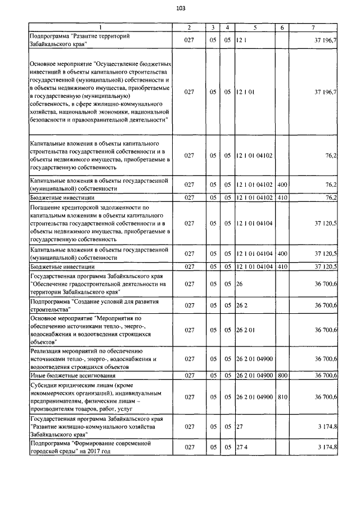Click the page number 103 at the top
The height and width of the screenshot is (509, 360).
[180, 8]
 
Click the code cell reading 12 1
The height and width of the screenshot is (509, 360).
[241, 40]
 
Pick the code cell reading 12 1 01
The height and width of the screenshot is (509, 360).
[246, 92]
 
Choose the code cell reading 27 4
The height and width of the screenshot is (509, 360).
[242, 447]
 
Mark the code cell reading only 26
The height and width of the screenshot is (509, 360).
[239, 285]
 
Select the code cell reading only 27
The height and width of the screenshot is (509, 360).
[239, 427]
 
